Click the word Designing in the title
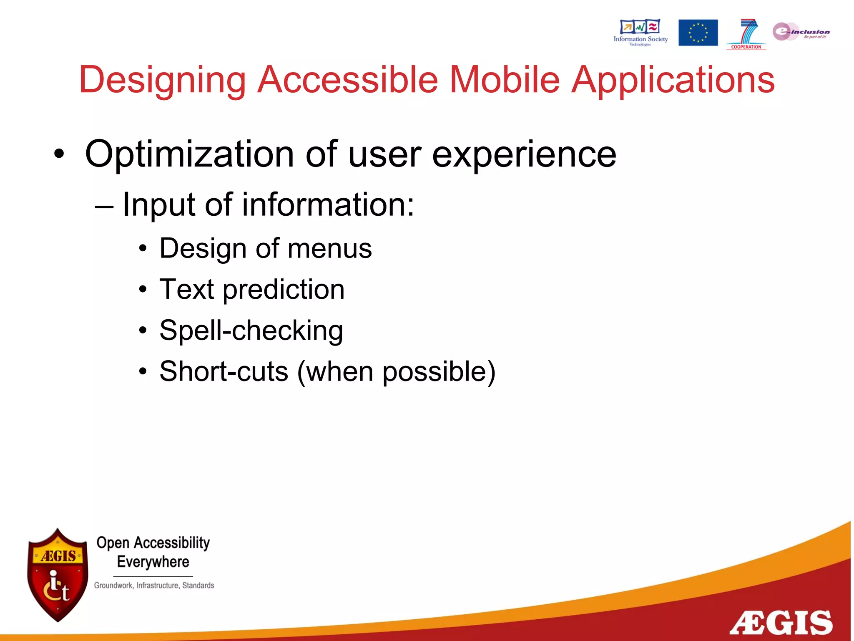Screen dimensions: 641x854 coord(162,80)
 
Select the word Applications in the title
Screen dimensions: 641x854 coord(673,80)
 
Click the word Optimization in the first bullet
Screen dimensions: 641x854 coord(189,154)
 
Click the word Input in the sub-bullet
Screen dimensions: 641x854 coord(158,204)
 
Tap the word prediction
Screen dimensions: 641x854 coord(284,290)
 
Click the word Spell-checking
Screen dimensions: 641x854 coord(251,331)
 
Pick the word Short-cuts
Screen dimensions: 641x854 coord(224,371)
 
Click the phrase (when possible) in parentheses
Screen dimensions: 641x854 coord(396,371)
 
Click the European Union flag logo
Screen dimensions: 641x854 coord(698,33)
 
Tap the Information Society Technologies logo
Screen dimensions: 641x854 coord(640,32)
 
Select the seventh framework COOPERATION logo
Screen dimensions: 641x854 coord(746,33)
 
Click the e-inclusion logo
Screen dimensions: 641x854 coord(800,32)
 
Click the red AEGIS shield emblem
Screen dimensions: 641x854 coord(58,575)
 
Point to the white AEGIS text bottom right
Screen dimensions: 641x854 coord(781,623)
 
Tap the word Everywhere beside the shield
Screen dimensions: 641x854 coord(153,562)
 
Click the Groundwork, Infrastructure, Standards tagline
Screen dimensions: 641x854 coord(154,585)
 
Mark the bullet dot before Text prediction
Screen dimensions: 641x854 coord(143,289)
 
